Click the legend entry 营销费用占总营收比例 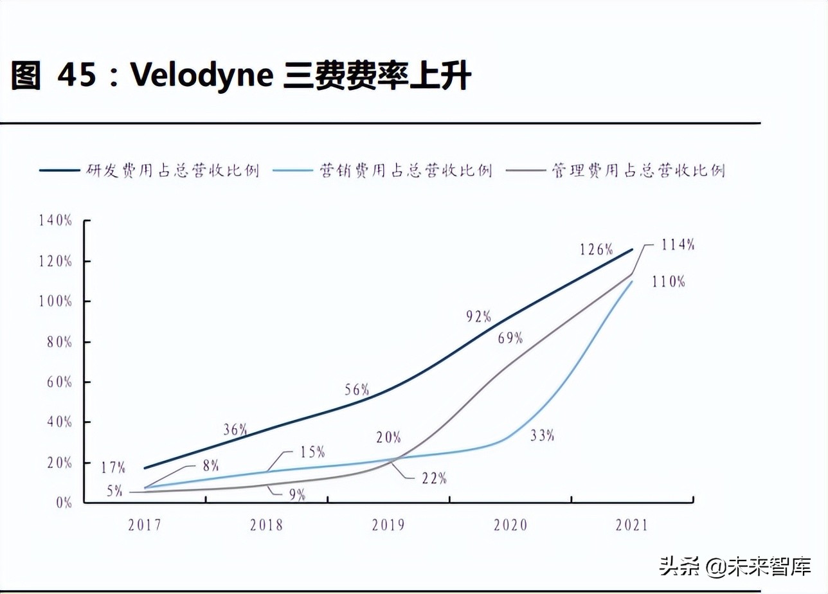coord(406,170)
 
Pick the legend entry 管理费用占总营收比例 coord(638,170)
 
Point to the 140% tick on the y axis coord(55,221)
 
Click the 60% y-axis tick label coord(59,382)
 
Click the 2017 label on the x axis coord(145,525)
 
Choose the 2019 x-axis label coord(388,525)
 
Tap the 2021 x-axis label coord(632,525)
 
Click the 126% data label coord(596,249)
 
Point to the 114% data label coord(678,244)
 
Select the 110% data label coord(668,281)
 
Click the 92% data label coord(478,316)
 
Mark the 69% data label coord(510,337)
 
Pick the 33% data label coord(542,435)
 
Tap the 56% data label coord(356,389)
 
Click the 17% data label coord(113,467)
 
